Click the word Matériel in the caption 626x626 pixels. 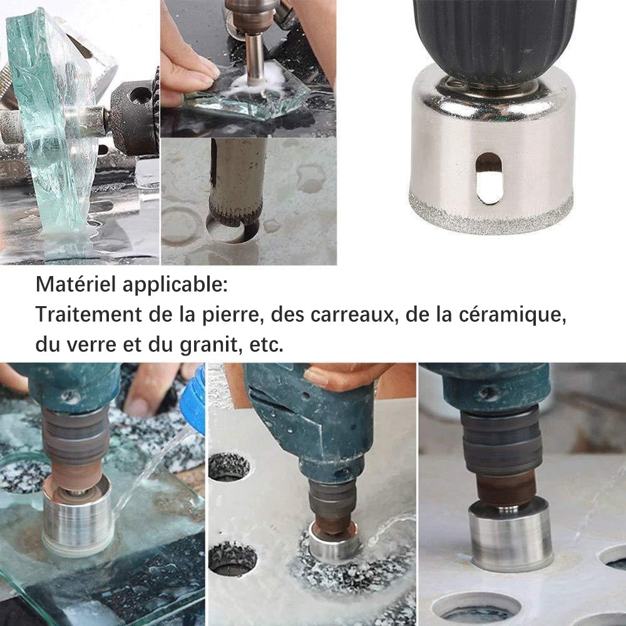76,284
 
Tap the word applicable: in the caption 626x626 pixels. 175,285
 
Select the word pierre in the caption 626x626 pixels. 233,316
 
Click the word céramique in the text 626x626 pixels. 512,315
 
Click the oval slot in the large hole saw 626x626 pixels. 490,178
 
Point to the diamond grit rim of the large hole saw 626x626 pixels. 491,215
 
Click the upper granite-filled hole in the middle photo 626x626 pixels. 228,466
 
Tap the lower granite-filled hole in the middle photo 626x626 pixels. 232,558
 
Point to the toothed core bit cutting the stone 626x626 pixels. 235,183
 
